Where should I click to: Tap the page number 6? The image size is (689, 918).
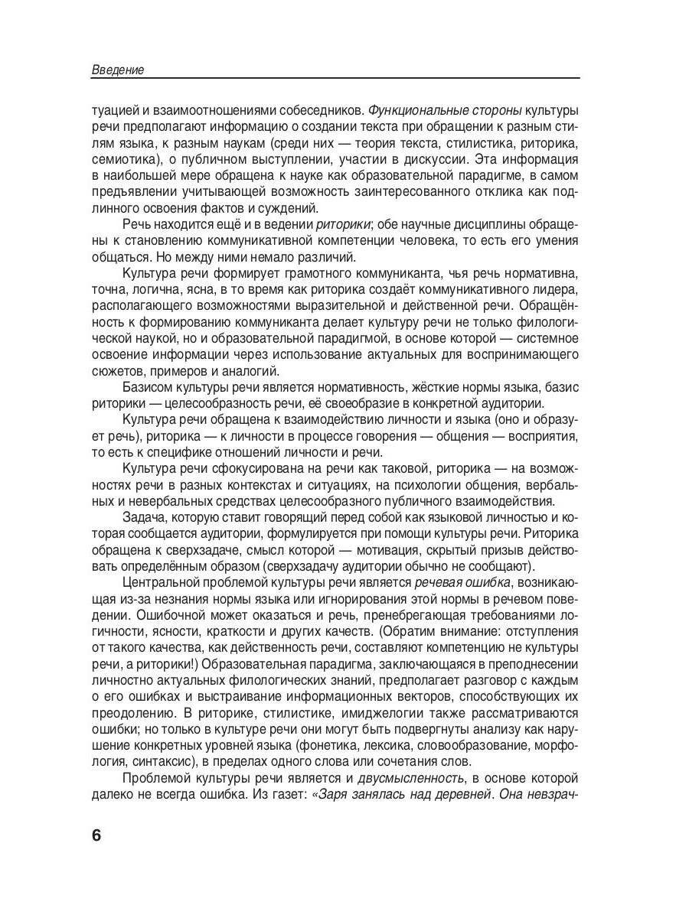tap(96, 834)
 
